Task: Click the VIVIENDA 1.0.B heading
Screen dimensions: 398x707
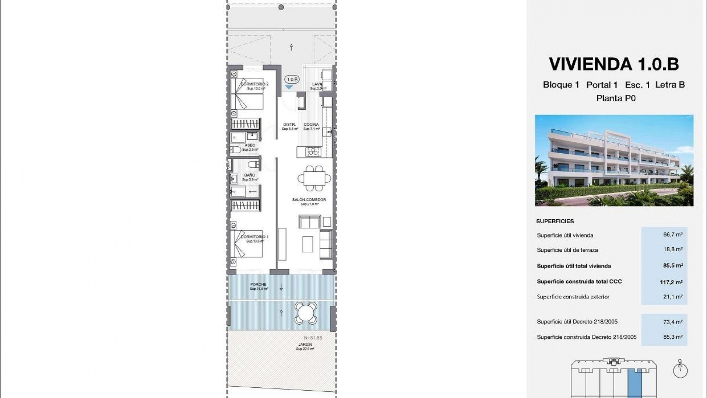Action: tap(614, 64)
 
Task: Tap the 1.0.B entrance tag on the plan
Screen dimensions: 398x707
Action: tap(292, 79)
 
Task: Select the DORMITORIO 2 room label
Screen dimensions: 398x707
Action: tap(254, 84)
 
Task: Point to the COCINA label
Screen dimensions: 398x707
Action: tap(311, 125)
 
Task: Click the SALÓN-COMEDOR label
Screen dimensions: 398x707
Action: tap(309, 200)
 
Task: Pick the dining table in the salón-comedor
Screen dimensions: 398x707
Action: tap(314, 179)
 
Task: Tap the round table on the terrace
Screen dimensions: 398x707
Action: tap(306, 313)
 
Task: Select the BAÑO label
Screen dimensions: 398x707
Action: tap(249, 175)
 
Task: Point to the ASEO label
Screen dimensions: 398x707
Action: tap(250, 145)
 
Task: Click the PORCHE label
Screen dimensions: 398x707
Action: tap(258, 284)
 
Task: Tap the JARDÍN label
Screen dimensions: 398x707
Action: tap(305, 345)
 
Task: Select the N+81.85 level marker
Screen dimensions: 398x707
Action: tap(313, 338)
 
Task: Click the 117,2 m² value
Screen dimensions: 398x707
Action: tap(671, 282)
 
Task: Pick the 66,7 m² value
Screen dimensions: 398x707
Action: tap(673, 235)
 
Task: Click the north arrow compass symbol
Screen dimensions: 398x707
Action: tap(680, 370)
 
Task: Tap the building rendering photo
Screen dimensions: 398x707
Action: tap(614, 160)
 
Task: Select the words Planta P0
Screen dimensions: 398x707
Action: tap(616, 98)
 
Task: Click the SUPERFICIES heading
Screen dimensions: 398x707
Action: tap(555, 221)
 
